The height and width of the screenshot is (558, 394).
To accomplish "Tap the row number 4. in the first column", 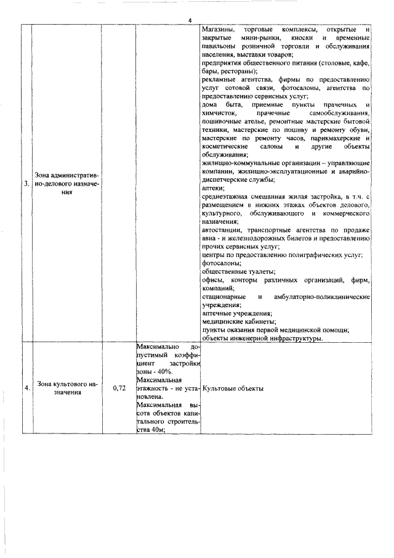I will coord(26,388).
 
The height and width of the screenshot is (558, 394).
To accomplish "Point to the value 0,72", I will coord(120,388).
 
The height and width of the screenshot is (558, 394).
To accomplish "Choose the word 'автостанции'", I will coord(224,229).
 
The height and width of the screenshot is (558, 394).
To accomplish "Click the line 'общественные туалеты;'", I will coord(238,271).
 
